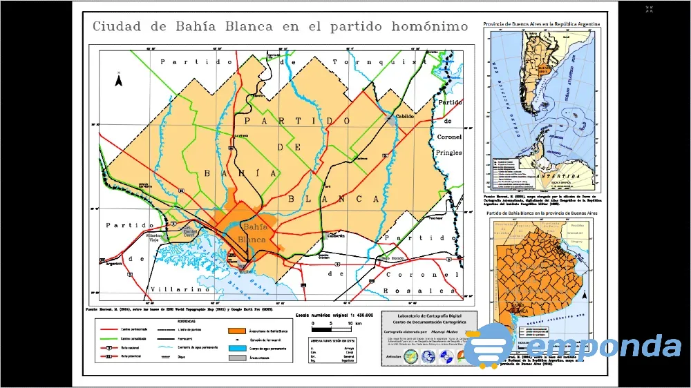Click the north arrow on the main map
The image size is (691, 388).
point(119,80)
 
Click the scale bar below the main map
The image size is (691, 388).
point(334,323)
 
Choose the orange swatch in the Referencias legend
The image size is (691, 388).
point(236,331)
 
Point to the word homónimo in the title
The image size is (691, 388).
point(429,27)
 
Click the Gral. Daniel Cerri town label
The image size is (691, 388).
point(189,232)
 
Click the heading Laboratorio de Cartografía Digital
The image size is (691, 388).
point(425,316)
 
